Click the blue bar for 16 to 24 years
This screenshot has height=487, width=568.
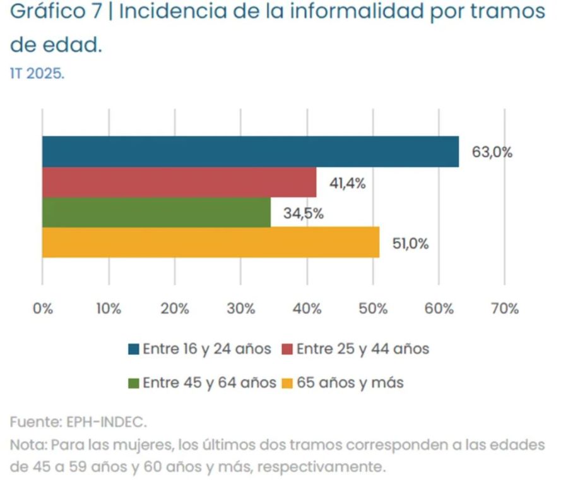point(250,152)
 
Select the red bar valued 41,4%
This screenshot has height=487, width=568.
point(179,183)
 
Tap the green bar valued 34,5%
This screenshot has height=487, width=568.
point(156,213)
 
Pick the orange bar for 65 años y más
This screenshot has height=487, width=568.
point(210,243)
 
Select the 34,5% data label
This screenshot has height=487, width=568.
point(303,213)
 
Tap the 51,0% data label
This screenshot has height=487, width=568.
point(410,244)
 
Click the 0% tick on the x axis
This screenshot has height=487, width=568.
point(42,309)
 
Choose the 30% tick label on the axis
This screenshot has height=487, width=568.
point(241,309)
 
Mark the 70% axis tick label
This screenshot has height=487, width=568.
point(504,309)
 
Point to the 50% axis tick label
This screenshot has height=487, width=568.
point(372,309)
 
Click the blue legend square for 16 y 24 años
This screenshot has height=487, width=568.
point(133,349)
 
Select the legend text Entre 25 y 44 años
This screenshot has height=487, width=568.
point(362,349)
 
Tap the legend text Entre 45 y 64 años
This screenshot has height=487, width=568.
point(209,382)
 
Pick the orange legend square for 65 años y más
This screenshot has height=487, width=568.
point(287,383)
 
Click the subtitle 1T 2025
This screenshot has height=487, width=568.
point(37,73)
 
